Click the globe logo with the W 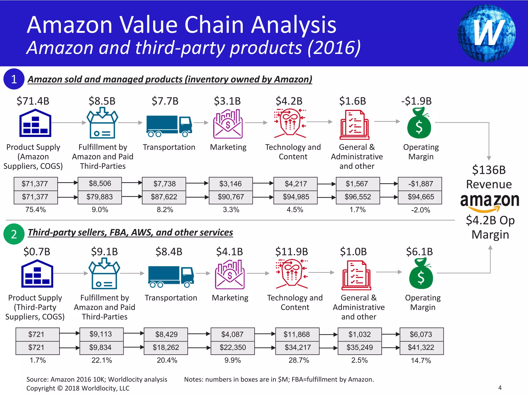[486, 33]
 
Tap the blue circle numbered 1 [14, 79]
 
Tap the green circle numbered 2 [14, 234]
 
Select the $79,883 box [100, 197]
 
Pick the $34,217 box [298, 348]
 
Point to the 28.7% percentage [299, 360]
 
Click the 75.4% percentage [36, 210]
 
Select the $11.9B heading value [292, 252]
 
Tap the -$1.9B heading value [416, 101]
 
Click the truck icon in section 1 [169, 126]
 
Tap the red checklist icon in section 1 [354, 125]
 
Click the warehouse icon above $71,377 [35, 123]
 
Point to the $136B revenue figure [489, 170]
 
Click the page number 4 [500, 388]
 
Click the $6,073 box [421, 334]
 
